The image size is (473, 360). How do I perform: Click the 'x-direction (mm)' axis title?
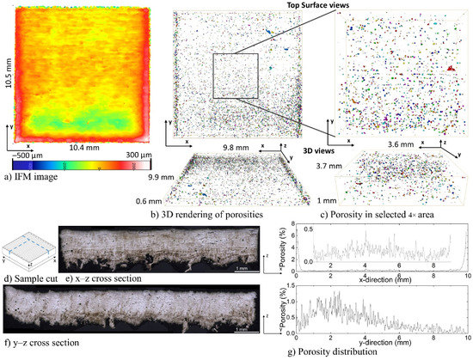pyautogui.click(x=383, y=280)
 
